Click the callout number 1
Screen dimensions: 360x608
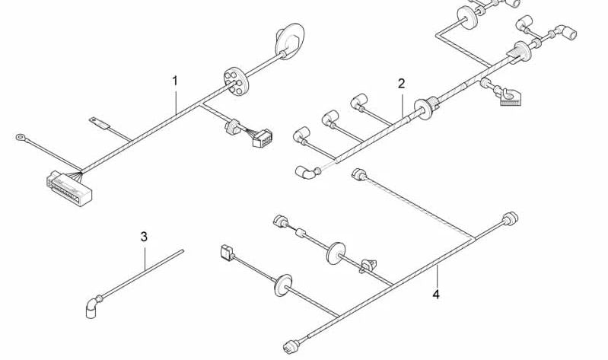coord(175,80)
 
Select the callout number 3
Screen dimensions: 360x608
coord(143,237)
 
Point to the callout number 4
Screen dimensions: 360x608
coord(437,293)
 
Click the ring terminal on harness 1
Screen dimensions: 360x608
coord(21,138)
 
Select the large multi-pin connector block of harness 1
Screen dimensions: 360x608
coord(71,186)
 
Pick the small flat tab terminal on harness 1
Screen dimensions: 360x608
coord(97,120)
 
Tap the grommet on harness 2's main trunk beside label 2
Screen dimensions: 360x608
coord(425,109)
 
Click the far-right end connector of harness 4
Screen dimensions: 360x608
coord(510,219)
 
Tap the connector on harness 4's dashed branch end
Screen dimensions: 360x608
coord(357,175)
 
